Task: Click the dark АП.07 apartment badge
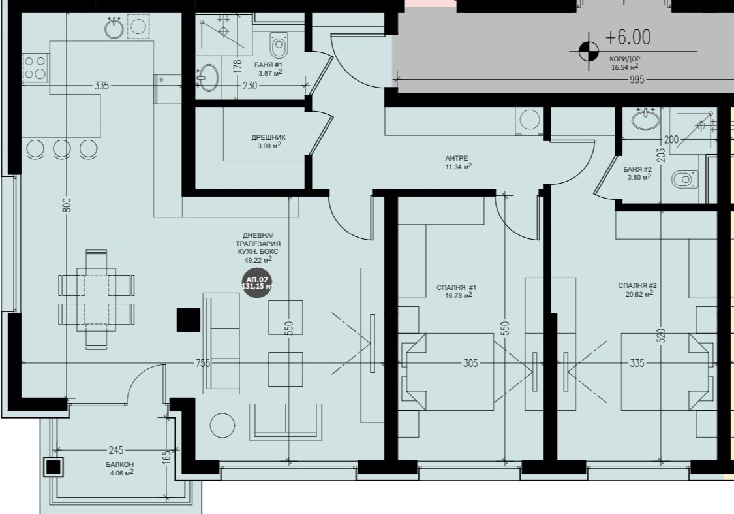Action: tap(257, 283)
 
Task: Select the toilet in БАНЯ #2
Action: tap(684, 179)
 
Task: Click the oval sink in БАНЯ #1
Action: tap(207, 78)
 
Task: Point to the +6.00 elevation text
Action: tap(628, 37)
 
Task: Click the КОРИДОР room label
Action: tap(624, 59)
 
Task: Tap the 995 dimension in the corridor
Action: tap(637, 80)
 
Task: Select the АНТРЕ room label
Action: tap(457, 158)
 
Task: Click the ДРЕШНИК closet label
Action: tap(268, 137)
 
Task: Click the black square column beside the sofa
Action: tap(188, 320)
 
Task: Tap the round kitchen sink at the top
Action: tap(114, 27)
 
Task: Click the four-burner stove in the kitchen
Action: tap(36, 67)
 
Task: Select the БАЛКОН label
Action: tap(119, 464)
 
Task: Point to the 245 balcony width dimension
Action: tap(115, 450)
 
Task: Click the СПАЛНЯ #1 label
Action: tap(457, 287)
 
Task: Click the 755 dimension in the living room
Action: tap(203, 363)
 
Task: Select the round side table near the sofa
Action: tap(222, 425)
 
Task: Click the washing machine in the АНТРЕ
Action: tap(528, 120)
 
